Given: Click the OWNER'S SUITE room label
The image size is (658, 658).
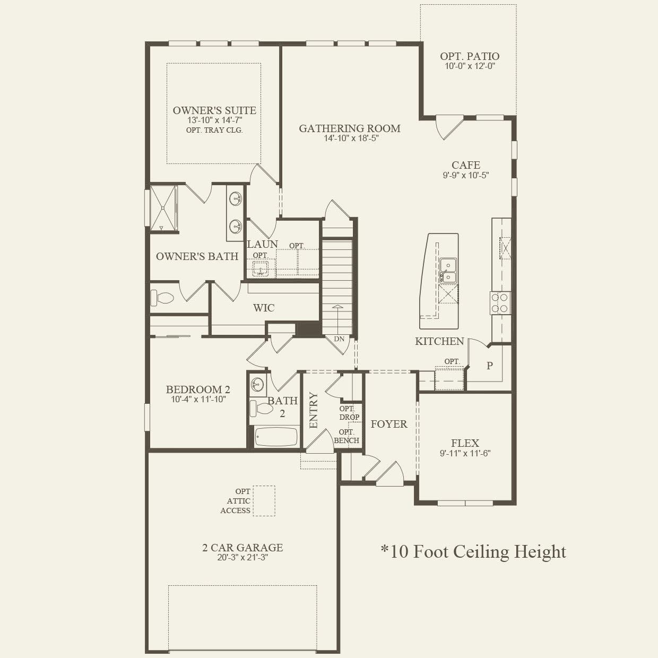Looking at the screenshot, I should [x=214, y=110].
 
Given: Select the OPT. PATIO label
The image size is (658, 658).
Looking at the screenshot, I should [x=470, y=56].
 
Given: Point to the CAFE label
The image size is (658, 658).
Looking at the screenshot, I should [x=466, y=165].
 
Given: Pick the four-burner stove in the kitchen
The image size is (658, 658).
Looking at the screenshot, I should [x=500, y=303].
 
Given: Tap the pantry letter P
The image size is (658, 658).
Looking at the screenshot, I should [x=490, y=366].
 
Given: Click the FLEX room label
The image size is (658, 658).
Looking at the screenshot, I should [x=465, y=443].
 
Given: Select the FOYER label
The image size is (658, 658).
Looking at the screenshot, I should [x=389, y=424].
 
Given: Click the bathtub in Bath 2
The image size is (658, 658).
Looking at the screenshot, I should [x=276, y=437].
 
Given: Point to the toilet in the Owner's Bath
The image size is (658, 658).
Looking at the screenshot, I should [x=162, y=298].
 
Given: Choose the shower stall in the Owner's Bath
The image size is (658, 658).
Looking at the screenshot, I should [x=163, y=208].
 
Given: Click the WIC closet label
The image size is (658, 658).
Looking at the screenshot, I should [x=264, y=308].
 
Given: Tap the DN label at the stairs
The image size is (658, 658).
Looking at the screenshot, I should [x=339, y=339].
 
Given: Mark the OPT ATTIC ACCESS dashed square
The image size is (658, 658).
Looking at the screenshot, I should [x=264, y=501].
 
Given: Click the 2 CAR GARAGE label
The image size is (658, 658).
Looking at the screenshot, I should [x=243, y=548].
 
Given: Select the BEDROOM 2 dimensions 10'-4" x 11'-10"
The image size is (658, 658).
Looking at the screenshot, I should [x=198, y=400].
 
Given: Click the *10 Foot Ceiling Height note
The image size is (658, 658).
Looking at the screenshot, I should [x=473, y=552].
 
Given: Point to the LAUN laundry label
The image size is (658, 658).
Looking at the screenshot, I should [x=262, y=244].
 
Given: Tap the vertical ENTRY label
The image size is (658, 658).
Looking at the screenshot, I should [x=313, y=410].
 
